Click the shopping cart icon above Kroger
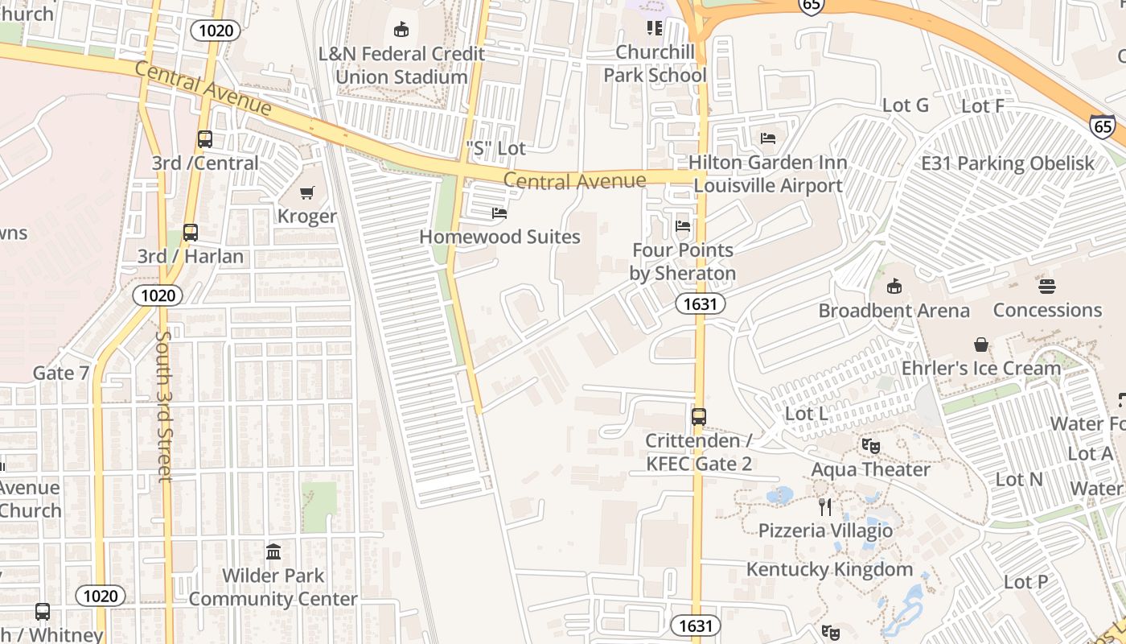[306, 192]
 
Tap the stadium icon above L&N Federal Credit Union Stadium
[401, 30]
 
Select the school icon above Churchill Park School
[655, 28]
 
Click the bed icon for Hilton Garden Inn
[768, 138]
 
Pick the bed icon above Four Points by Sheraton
[683, 226]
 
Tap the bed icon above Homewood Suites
[499, 213]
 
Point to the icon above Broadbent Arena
[894, 287]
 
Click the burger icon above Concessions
[1046, 286]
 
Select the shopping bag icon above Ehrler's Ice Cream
[981, 345]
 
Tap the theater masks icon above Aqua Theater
[870, 445]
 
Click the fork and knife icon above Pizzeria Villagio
[824, 506]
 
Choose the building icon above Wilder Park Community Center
[273, 552]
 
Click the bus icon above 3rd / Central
[205, 139]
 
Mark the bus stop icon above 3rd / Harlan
[191, 233]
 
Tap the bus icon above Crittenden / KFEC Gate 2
[699, 417]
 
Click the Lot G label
[905, 105]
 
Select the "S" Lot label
[495, 148]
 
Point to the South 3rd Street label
[164, 406]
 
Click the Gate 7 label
[61, 373]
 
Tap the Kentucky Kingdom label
[829, 570]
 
